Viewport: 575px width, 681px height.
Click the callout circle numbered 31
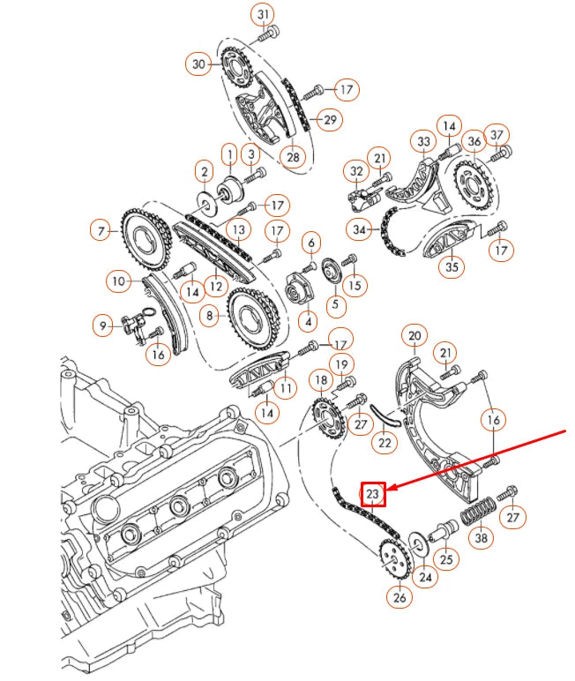(264, 14)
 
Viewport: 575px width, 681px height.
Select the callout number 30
(198, 64)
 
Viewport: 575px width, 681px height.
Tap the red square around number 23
(372, 494)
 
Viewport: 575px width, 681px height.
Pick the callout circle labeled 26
(400, 598)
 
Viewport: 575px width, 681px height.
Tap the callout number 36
(474, 140)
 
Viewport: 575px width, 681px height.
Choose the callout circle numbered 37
(498, 134)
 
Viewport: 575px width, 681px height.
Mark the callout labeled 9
(103, 326)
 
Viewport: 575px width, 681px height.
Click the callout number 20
(414, 335)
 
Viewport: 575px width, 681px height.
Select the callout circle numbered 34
(360, 231)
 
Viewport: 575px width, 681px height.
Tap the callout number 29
(329, 120)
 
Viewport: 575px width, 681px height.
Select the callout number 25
(446, 558)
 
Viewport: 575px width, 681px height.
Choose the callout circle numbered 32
(356, 170)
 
